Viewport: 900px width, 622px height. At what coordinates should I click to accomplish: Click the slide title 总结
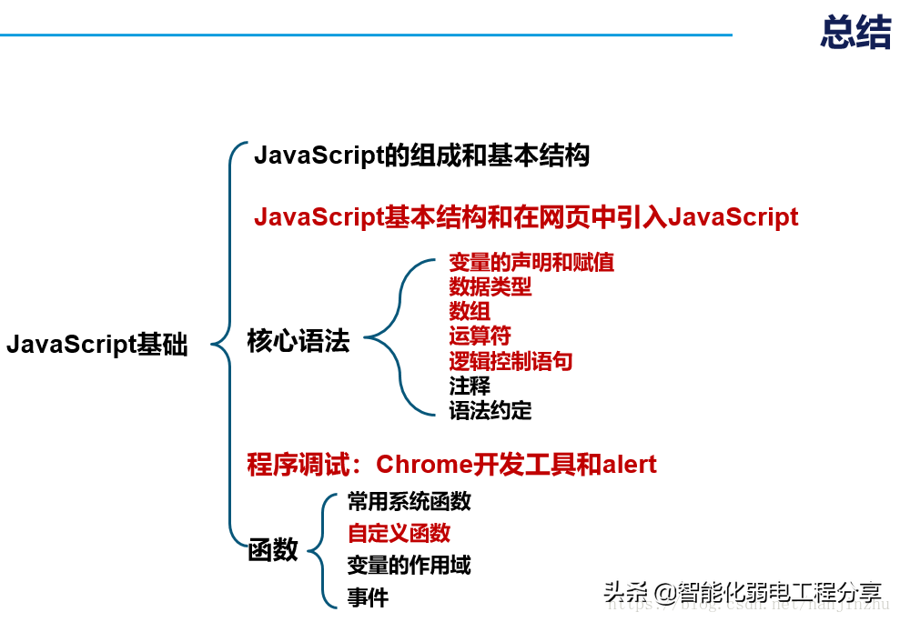[854, 33]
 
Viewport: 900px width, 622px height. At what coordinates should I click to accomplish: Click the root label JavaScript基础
[96, 345]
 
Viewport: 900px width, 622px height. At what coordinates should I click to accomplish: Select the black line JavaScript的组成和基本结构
[421, 155]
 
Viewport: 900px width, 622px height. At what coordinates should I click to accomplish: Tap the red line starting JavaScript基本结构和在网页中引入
[526, 217]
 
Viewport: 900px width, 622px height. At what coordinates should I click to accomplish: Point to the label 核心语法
[298, 342]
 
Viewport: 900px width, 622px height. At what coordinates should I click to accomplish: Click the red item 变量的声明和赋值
[531, 263]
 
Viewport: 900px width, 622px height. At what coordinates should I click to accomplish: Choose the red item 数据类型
[490, 287]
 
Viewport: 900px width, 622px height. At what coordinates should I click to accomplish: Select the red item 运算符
[480, 336]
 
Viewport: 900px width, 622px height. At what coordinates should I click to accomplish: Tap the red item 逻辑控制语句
[511, 361]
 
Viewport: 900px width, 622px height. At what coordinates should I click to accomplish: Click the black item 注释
[470, 386]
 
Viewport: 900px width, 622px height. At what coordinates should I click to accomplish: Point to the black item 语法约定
[490, 410]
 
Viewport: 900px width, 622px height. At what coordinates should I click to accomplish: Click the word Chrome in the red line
[424, 465]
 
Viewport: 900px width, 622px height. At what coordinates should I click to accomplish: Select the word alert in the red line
[629, 465]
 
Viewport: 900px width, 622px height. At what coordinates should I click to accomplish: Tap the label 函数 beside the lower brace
[273, 549]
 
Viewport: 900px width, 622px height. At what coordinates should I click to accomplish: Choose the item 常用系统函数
[409, 501]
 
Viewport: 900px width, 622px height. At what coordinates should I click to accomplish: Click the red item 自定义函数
[399, 533]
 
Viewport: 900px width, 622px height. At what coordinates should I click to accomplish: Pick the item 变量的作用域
[409, 565]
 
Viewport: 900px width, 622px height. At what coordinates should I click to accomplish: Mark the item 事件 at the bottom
[368, 597]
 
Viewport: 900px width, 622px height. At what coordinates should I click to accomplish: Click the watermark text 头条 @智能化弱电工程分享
[742, 593]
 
